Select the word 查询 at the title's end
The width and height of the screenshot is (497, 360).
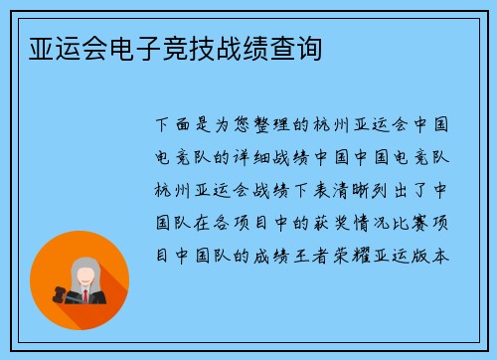click(x=297, y=47)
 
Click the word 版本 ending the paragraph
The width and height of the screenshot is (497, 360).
click(x=436, y=254)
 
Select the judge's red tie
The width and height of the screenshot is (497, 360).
click(x=86, y=295)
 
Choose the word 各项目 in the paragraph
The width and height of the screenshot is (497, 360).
click(x=242, y=222)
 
